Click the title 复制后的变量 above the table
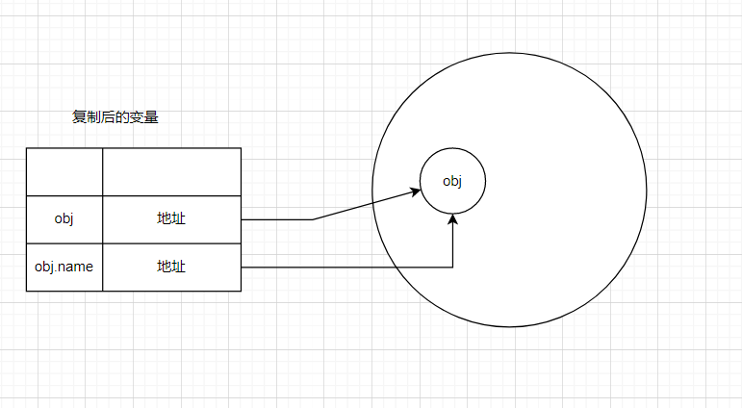(x=115, y=117)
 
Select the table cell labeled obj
(x=64, y=218)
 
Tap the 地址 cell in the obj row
(x=171, y=218)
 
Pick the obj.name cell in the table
(x=64, y=267)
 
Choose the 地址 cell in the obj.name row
(x=171, y=267)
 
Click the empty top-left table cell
(x=64, y=171)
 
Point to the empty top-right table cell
(x=171, y=171)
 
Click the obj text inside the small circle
(x=452, y=181)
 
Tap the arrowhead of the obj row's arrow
(x=418, y=191)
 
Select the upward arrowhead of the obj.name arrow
(x=453, y=218)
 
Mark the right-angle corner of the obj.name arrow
(x=453, y=267)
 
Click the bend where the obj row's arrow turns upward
(x=313, y=219)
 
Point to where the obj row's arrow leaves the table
(x=242, y=219)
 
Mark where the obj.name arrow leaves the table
(x=242, y=267)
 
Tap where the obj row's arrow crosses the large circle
(x=373, y=203)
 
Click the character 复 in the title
(x=79, y=117)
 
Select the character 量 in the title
(x=152, y=117)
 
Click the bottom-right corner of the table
(x=241, y=291)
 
